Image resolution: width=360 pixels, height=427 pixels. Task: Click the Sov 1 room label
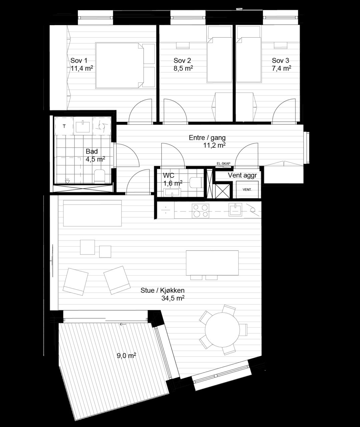click(x=79, y=60)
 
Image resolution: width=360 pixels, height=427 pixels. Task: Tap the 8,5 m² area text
click(x=183, y=68)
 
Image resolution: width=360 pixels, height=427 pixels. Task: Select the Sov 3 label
click(x=280, y=60)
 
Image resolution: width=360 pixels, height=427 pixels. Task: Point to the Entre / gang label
click(x=207, y=138)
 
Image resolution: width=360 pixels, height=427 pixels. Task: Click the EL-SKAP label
click(x=223, y=163)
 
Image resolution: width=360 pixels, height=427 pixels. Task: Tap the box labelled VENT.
click(x=247, y=189)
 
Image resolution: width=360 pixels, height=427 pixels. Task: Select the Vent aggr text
click(x=242, y=175)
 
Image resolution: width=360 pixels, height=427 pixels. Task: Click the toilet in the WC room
click(x=196, y=182)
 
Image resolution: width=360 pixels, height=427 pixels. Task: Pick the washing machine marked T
click(x=64, y=126)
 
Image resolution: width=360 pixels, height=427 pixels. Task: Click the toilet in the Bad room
click(x=100, y=176)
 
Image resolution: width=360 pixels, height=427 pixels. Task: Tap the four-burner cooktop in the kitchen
click(x=200, y=210)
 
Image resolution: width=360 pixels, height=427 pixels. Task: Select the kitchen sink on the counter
click(x=235, y=209)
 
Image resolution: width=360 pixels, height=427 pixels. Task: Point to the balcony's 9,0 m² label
click(x=127, y=356)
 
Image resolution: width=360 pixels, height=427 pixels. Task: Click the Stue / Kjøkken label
click(x=162, y=290)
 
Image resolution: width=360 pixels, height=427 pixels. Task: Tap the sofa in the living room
click(x=93, y=213)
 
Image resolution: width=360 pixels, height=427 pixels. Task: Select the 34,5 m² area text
click(x=173, y=298)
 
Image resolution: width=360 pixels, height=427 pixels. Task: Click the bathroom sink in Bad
click(x=83, y=126)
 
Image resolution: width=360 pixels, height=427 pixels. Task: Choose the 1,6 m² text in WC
click(x=173, y=183)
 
